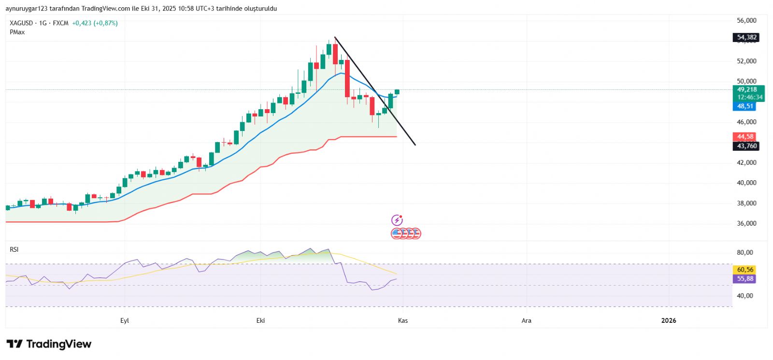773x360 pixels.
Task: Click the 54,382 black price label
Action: pyautogui.click(x=746, y=37)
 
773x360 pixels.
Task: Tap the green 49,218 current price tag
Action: pyautogui.click(x=747, y=90)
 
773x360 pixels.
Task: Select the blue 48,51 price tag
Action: pyautogui.click(x=744, y=106)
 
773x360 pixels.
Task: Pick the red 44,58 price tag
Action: pyautogui.click(x=745, y=137)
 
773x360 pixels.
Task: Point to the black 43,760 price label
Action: pyautogui.click(x=746, y=146)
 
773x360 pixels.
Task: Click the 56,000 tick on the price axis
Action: pyautogui.click(x=746, y=20)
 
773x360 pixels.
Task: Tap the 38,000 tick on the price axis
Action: pyautogui.click(x=746, y=203)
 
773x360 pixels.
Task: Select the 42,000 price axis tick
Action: pyautogui.click(x=746, y=162)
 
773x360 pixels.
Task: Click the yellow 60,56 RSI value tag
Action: pyautogui.click(x=744, y=270)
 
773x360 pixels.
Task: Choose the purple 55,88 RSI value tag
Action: pyautogui.click(x=744, y=279)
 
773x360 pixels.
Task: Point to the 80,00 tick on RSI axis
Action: pyautogui.click(x=744, y=252)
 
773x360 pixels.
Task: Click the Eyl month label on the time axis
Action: pyautogui.click(x=125, y=320)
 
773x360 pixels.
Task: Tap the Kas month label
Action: pyautogui.click(x=402, y=320)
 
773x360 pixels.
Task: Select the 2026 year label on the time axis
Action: pyautogui.click(x=669, y=320)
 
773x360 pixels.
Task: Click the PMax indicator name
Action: pyautogui.click(x=17, y=32)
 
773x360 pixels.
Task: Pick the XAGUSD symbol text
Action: pyautogui.click(x=21, y=23)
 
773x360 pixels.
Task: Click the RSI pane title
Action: pyautogui.click(x=14, y=249)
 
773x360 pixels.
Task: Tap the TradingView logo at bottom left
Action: pyautogui.click(x=49, y=344)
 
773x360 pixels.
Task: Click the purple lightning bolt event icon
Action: pyautogui.click(x=397, y=220)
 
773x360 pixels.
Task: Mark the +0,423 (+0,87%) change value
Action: pyautogui.click(x=95, y=23)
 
